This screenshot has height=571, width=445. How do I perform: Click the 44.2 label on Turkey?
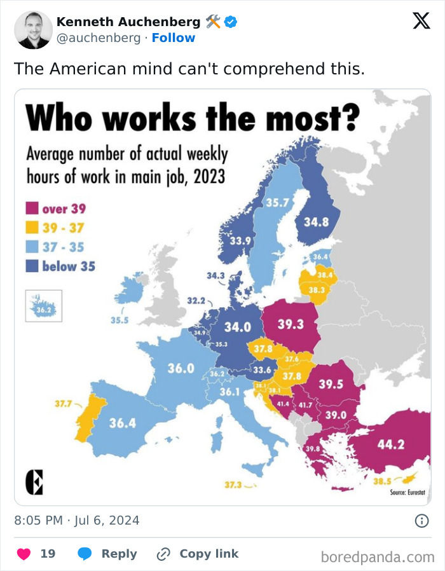point(390,444)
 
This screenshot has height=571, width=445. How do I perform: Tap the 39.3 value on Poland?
point(291,324)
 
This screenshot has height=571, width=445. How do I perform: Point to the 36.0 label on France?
point(181,368)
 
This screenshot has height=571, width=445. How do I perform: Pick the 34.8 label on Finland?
point(316,223)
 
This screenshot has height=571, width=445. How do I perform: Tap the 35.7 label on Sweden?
point(277,203)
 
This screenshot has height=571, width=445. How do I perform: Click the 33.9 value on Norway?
point(240,241)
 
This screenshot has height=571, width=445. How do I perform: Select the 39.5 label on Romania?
point(331,384)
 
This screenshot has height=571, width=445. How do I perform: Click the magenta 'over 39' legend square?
point(32,209)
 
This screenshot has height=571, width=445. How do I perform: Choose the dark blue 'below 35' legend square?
point(32,266)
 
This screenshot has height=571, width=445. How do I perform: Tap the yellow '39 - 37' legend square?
point(32,228)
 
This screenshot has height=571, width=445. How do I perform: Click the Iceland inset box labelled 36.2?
point(43,306)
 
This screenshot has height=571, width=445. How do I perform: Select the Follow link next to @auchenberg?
point(173,38)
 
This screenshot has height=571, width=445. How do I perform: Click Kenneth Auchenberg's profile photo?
point(33,30)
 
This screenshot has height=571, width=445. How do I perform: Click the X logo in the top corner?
point(421,21)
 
